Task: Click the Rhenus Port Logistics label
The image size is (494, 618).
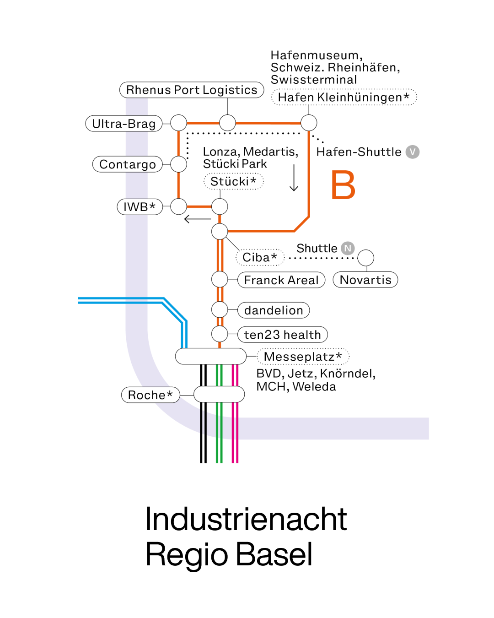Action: click(192, 90)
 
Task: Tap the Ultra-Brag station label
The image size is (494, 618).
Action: click(124, 124)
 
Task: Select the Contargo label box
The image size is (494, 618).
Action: click(128, 164)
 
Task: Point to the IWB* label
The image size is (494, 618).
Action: click(140, 207)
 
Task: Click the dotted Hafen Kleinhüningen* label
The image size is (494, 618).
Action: click(344, 97)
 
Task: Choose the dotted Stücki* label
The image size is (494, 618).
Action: click(233, 181)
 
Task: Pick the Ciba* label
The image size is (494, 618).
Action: click(260, 257)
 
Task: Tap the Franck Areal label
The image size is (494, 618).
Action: click(281, 280)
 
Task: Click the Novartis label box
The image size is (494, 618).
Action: click(365, 280)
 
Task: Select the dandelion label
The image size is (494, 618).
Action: click(274, 310)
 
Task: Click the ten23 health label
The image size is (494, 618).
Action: click(283, 335)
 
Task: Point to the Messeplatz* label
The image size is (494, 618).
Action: click(303, 356)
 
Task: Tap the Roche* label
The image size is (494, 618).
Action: click(150, 395)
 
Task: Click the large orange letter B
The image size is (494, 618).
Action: click(343, 185)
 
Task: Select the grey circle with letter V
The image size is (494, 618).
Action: click(413, 152)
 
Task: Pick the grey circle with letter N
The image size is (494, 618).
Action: click(348, 248)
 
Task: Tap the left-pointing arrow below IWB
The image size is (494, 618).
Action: click(197, 219)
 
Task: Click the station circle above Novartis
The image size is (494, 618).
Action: click(365, 258)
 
